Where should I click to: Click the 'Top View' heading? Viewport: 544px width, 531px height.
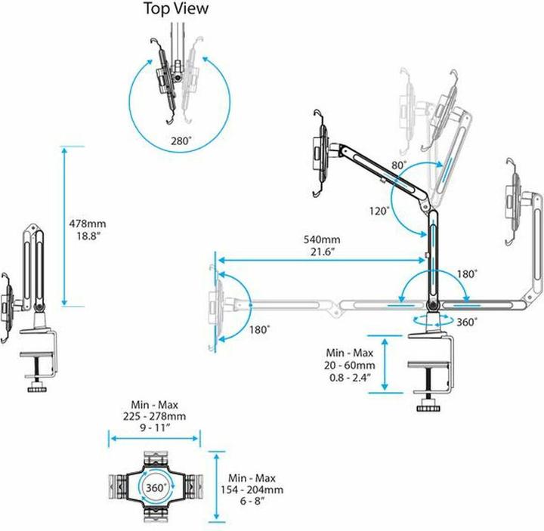pos(176,8)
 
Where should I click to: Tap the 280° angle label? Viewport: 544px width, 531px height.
pos(181,141)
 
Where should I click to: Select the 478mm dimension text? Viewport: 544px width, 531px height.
pos(88,224)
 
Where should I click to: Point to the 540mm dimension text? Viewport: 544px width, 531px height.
pos(322,239)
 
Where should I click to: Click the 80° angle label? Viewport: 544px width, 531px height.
pos(400,165)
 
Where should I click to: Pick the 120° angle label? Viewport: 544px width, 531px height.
pos(379,211)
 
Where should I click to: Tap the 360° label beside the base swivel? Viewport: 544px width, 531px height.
pos(467,323)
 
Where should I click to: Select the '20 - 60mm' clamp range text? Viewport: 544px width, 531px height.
pos(350,366)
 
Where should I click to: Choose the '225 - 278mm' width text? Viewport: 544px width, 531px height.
pos(154,416)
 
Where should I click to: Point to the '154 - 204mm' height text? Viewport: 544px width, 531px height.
pos(252,489)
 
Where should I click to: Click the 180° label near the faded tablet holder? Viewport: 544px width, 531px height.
pos(259,329)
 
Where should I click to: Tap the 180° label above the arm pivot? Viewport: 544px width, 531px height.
pos(467,274)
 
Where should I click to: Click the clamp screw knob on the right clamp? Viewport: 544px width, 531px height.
pos(428,406)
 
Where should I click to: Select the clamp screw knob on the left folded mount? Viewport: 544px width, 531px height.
pos(39,387)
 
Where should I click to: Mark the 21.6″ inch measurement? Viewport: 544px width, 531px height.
pos(323,252)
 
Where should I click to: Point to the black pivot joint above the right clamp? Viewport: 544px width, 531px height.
pos(433,306)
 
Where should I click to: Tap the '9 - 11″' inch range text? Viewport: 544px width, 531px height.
pos(155,428)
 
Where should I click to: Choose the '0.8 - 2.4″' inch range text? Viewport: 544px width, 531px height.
pos(350,378)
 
